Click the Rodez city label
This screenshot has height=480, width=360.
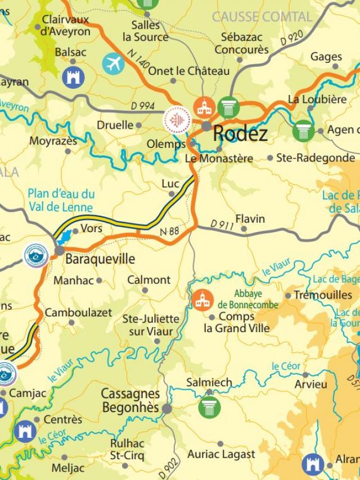coord(240,134)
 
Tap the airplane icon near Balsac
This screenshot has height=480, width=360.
coord(113,64)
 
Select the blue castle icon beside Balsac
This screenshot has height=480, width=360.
coord(74,77)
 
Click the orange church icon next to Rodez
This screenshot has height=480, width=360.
coord(204,106)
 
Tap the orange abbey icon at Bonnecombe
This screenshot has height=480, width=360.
coord(202,300)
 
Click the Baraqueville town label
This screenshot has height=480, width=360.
coord(100,259)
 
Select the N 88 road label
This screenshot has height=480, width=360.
coord(170,231)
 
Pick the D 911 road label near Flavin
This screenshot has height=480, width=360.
coord(222,224)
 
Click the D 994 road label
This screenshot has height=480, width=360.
coord(142,106)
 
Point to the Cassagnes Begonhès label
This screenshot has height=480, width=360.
coord(130,401)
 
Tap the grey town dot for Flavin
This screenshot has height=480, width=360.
coord(244,229)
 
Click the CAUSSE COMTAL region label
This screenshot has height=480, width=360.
coord(262,17)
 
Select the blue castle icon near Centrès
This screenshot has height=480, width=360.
coord(25,431)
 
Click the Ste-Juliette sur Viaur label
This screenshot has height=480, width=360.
coord(151,325)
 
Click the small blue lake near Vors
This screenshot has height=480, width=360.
coord(65,236)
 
